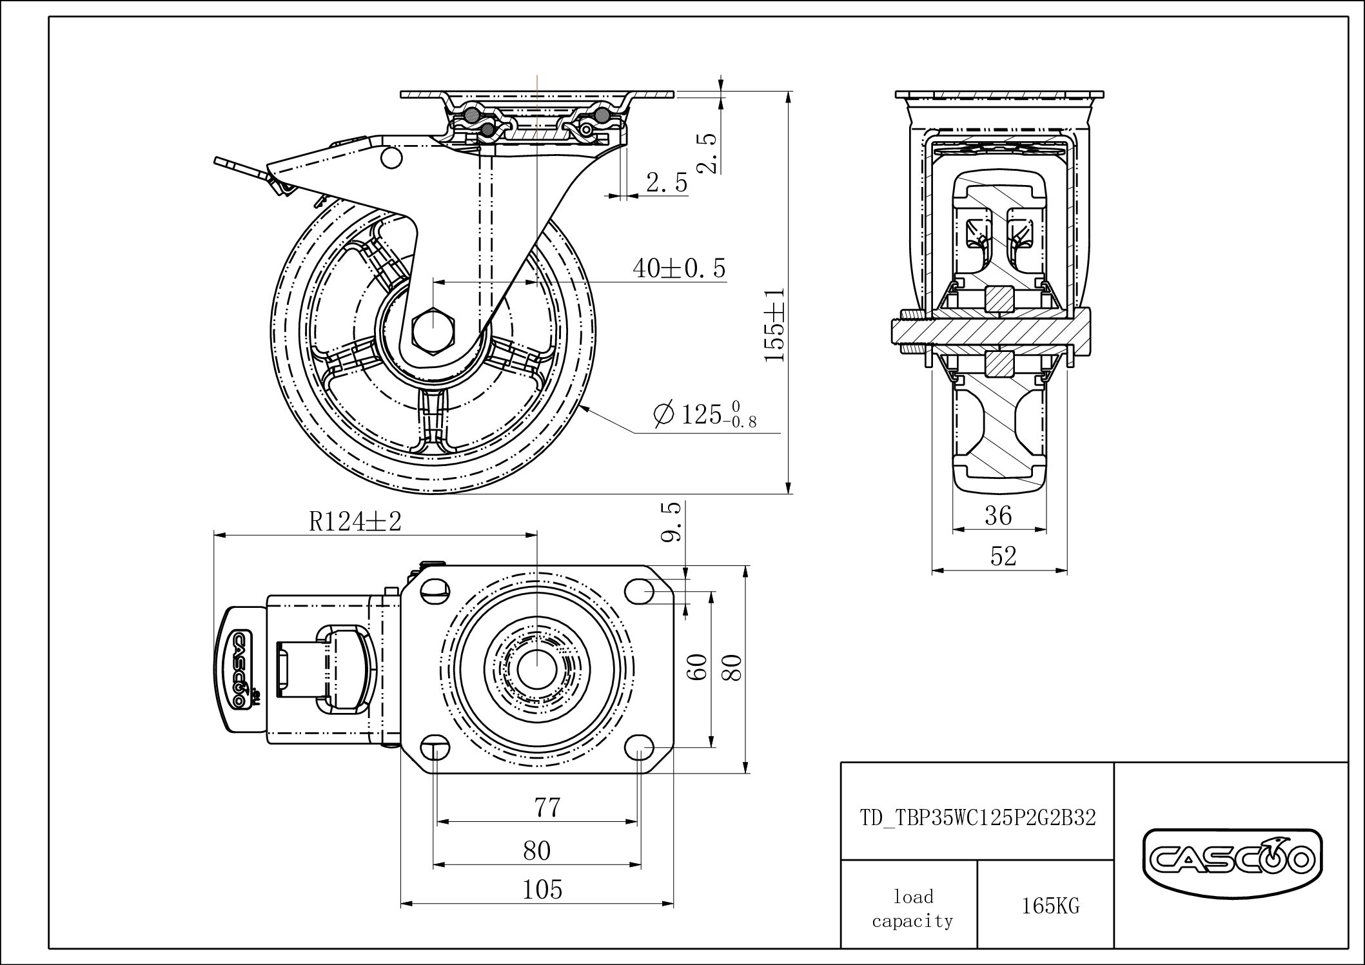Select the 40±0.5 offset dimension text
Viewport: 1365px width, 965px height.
coord(679,268)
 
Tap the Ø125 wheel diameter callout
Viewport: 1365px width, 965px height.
coord(704,414)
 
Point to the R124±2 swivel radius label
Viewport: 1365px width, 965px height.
coord(355,521)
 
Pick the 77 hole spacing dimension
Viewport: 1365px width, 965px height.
coord(547,807)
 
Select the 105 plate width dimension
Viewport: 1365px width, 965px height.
coord(542,890)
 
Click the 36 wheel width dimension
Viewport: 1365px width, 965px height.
coord(999,515)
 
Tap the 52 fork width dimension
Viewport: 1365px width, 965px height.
coord(1003,556)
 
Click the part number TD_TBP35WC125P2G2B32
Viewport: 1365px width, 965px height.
coord(977,817)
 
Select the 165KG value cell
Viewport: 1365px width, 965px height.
coord(1050,906)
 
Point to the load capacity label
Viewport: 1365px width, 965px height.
coord(913,908)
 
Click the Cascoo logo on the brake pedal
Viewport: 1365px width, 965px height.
coord(239,668)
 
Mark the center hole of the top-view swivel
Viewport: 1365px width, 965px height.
coord(536,668)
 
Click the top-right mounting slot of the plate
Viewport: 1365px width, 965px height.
coord(639,589)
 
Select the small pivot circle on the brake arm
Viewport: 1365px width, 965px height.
coord(391,158)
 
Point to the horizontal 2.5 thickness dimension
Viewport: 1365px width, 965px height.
coord(667,184)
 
